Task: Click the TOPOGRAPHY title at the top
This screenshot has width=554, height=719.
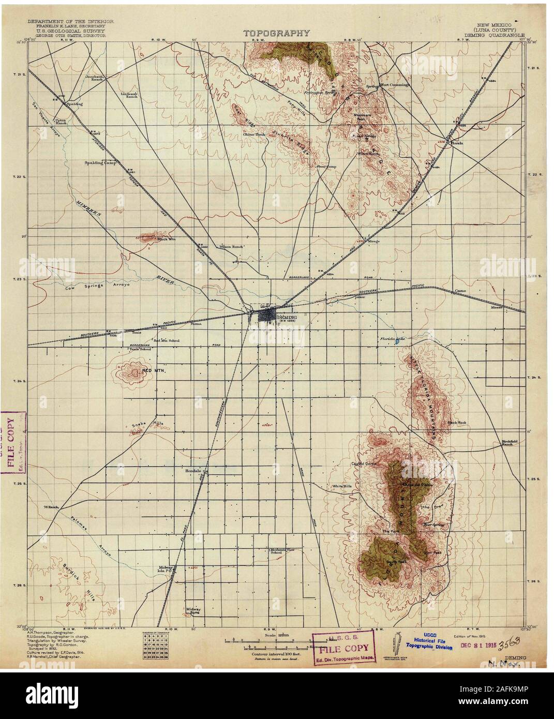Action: click(x=277, y=33)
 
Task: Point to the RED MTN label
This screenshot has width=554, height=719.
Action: click(x=150, y=371)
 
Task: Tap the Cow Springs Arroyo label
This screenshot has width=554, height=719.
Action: click(x=93, y=285)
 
